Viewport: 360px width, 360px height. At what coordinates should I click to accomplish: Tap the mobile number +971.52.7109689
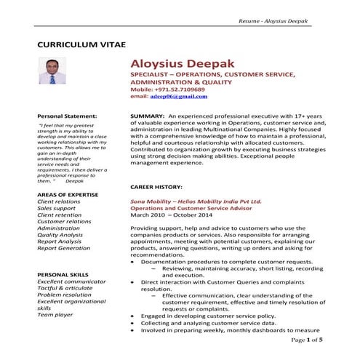[x=179, y=89]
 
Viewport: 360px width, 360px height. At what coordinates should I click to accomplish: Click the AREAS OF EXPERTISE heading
[x=68, y=196]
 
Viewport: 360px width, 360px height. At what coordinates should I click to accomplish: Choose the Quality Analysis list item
[x=60, y=235]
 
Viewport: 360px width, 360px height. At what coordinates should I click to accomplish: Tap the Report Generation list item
[x=64, y=248]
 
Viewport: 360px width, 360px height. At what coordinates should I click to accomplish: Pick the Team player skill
[x=55, y=315]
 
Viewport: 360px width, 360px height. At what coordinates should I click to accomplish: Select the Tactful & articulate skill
[x=65, y=287]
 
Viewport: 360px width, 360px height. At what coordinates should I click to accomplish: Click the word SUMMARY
[x=146, y=116]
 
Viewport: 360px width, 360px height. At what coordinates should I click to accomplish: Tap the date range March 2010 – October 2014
[x=172, y=215]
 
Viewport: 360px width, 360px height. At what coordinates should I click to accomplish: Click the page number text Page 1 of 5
[x=305, y=339]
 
